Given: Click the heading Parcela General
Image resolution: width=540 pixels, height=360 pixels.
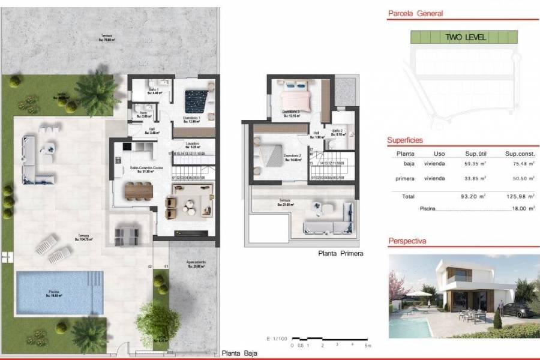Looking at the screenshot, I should pyautogui.click(x=415, y=13).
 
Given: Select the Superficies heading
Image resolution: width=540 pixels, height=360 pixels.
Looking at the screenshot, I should pyautogui.click(x=406, y=140).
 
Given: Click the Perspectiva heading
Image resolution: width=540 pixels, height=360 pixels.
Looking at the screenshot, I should pyautogui.click(x=407, y=241).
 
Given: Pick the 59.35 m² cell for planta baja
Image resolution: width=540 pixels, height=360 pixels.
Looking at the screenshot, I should pyautogui.click(x=474, y=163).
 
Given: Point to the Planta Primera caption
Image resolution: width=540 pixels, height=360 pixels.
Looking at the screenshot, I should pyautogui.click(x=340, y=254).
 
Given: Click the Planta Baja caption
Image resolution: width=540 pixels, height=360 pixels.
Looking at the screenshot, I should pyautogui.click(x=239, y=354).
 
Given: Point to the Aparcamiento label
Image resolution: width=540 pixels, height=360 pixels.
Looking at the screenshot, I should pyautogui.click(x=195, y=262).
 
